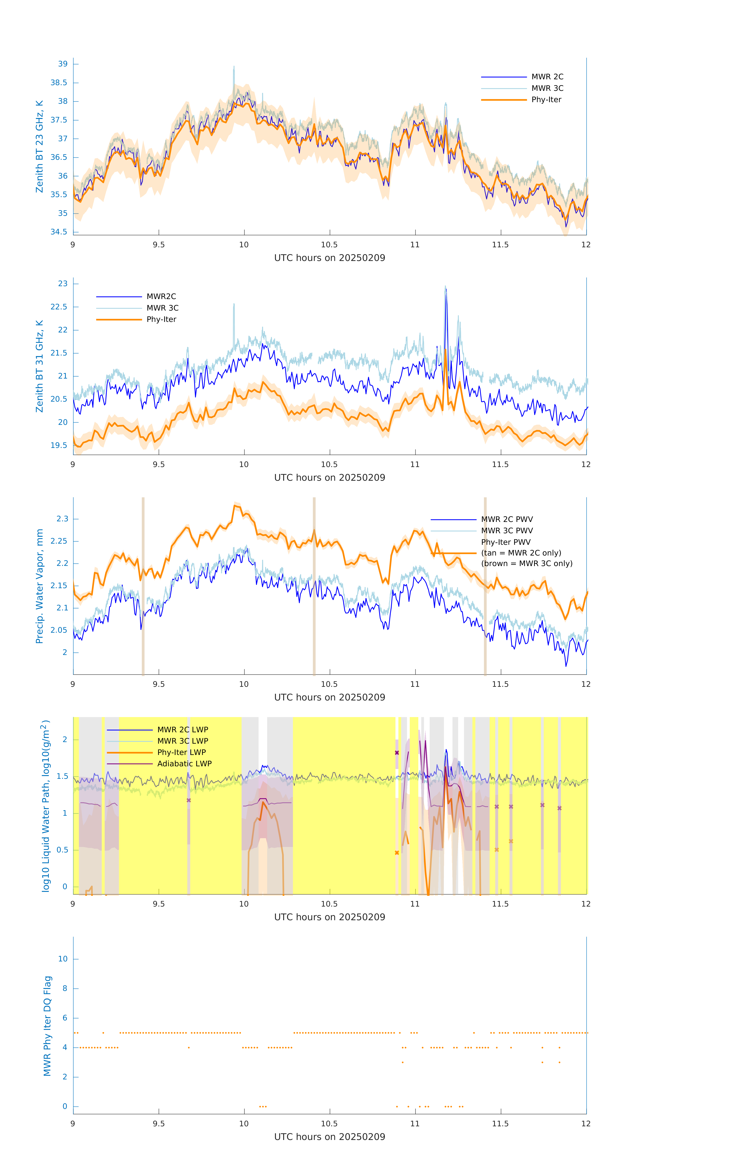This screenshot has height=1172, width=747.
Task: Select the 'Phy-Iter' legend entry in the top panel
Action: tap(546, 100)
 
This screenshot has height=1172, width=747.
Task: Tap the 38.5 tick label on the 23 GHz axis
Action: tap(59, 83)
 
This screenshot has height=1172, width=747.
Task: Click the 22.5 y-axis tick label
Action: tap(59, 307)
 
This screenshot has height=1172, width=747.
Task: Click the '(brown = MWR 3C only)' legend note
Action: tap(527, 564)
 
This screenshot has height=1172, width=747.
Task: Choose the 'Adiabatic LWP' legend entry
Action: tap(184, 764)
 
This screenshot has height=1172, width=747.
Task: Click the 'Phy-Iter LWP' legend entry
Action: tap(181, 752)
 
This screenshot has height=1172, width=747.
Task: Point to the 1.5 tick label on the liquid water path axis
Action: tap(62, 776)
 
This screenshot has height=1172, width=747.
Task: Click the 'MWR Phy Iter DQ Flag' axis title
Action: tap(47, 1026)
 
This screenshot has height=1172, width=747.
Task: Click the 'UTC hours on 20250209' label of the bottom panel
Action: tap(329, 1137)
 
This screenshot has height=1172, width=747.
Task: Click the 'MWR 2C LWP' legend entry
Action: tap(182, 730)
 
